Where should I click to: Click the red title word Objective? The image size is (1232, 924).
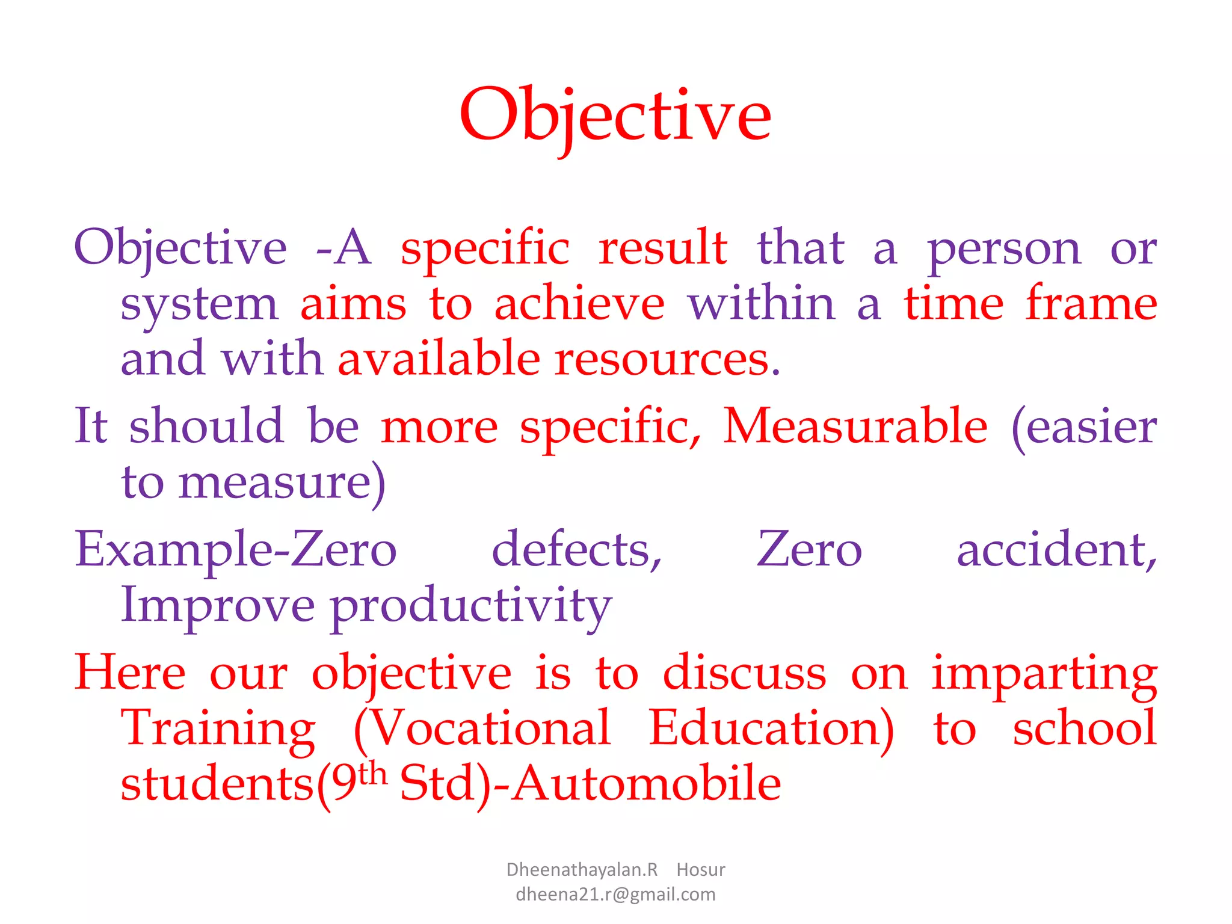615,115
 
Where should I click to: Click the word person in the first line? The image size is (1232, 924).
1004,250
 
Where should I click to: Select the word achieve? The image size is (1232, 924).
579,304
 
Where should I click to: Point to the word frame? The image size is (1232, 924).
1091,304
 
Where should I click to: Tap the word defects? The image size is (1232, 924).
576,550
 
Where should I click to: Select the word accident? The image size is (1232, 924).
1056,550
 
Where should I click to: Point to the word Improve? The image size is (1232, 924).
218,606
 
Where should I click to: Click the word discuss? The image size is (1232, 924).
744,673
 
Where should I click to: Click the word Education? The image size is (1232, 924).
771,728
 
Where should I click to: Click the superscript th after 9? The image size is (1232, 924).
372,773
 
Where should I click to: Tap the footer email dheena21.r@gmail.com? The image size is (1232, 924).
615,895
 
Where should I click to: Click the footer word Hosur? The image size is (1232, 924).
700,870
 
